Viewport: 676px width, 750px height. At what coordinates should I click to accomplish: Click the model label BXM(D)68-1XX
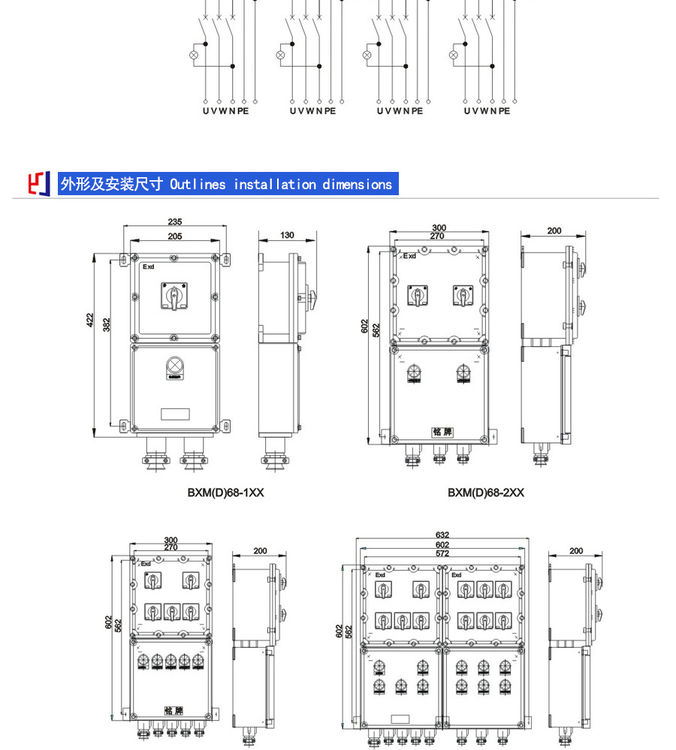tap(225, 492)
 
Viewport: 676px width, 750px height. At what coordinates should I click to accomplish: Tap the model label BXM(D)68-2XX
tap(486, 492)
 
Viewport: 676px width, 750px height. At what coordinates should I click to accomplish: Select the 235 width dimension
tap(175, 222)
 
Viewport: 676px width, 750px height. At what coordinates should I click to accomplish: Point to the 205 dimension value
tap(175, 236)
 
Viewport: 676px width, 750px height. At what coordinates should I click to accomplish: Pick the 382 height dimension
tap(107, 324)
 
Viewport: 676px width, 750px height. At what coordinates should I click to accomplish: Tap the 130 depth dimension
tap(287, 235)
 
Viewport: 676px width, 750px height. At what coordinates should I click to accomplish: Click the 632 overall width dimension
tap(442, 535)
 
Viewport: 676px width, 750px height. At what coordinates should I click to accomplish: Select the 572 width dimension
tap(442, 553)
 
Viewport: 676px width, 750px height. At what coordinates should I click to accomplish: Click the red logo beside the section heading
tap(39, 183)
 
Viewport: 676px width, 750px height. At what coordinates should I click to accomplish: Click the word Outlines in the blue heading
tap(198, 184)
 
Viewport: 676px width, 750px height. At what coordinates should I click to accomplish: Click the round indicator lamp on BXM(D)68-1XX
tap(175, 366)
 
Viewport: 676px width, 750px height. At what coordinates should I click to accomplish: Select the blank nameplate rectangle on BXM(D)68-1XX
tap(175, 413)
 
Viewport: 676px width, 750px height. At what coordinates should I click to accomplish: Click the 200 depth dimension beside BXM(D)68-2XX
tap(554, 231)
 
